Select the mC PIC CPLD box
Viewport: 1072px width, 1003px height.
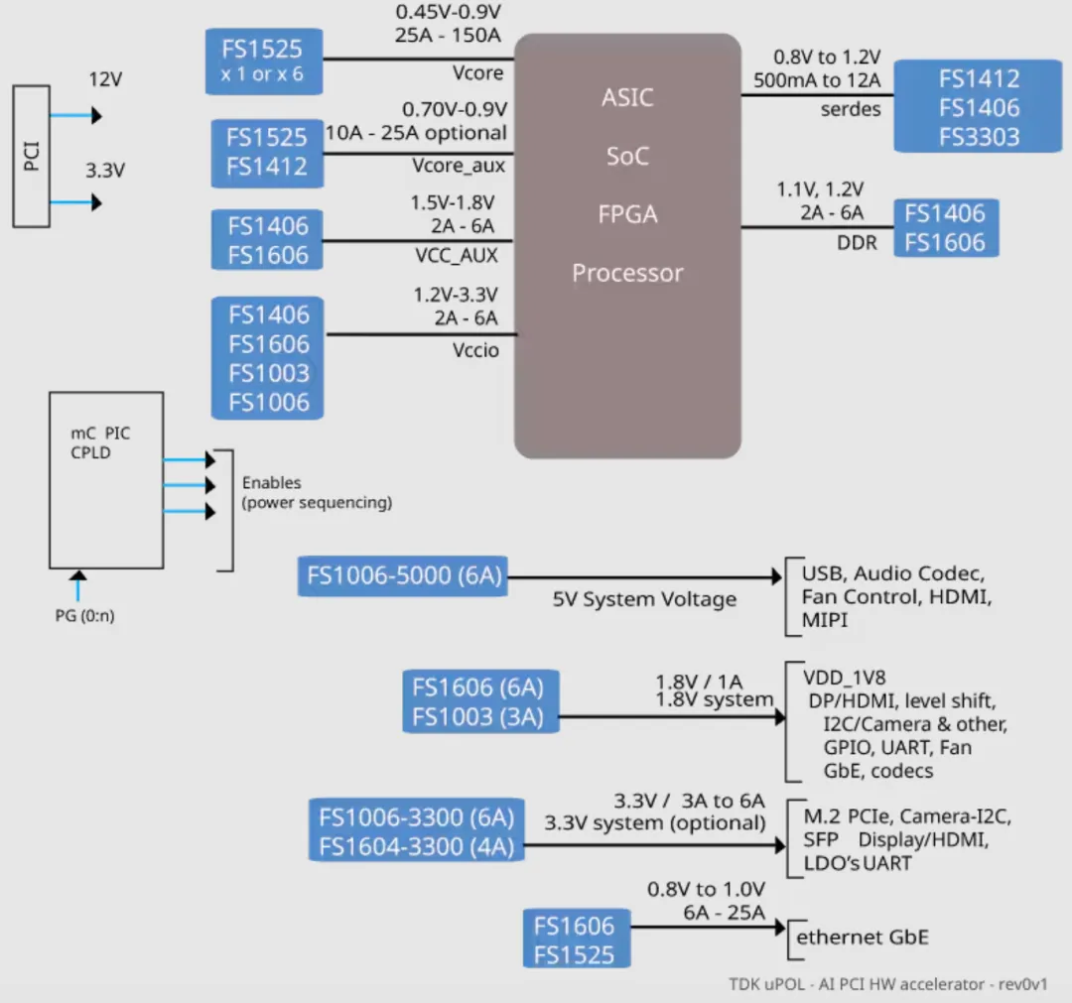coord(106,479)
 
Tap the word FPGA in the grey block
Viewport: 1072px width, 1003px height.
coord(627,214)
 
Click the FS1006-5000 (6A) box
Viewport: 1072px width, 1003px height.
coord(404,576)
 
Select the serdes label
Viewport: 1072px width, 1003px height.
coord(851,109)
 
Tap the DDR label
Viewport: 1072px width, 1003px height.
coord(857,241)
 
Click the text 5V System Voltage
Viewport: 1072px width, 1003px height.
coord(645,599)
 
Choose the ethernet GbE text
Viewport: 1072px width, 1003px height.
coord(863,938)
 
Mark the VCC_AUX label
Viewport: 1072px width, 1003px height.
coord(456,255)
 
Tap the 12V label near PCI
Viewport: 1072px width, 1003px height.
coord(106,79)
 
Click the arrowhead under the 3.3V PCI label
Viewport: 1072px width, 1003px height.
coord(96,202)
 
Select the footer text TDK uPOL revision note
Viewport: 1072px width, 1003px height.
coord(887,985)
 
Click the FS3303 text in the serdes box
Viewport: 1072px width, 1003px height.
coord(979,137)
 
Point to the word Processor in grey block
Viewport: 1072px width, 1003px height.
coord(627,273)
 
